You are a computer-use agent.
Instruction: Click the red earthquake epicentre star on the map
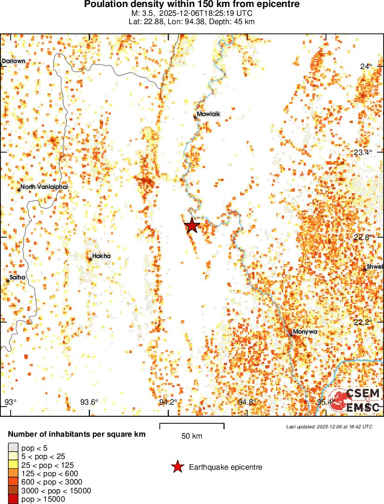point(192,226)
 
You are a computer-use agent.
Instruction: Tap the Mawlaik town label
point(208,114)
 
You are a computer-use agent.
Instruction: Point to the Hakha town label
point(101,256)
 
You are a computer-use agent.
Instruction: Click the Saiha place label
point(18,277)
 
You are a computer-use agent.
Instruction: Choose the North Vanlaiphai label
point(44,187)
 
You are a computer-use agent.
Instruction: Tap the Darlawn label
point(13,61)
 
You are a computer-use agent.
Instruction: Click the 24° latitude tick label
point(366,66)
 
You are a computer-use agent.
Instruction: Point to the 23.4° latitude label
point(364,152)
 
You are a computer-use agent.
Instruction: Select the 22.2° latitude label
point(364,322)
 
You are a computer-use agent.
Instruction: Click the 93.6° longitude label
point(89,402)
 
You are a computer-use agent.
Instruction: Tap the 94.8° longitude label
point(247,402)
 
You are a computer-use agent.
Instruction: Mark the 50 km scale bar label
point(192,436)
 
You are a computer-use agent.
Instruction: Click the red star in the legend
point(177,467)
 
